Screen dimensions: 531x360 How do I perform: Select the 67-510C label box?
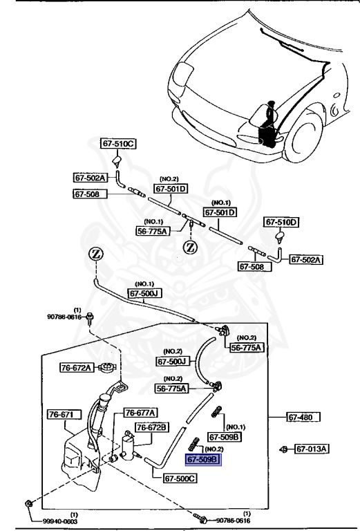coord(119,144)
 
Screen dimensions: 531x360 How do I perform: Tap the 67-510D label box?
coord(282,223)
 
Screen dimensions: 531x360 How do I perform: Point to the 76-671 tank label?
coord(64,414)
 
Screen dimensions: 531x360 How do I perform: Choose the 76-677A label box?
coord(140,413)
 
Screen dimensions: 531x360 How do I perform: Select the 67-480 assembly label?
coord(305,417)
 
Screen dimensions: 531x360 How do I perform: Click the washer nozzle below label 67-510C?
coord(118,163)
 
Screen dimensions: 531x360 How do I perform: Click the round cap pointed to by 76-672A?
coord(106,368)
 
